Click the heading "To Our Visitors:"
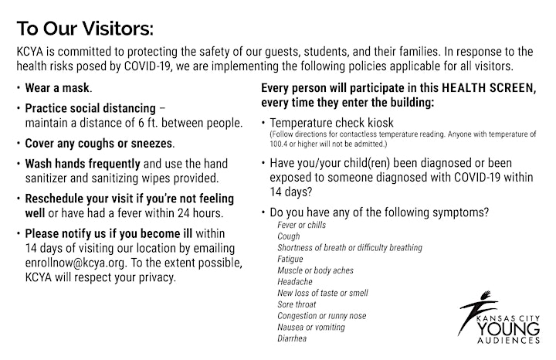point(85,29)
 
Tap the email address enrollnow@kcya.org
point(75,263)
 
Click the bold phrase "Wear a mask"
point(57,88)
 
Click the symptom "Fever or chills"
point(301,225)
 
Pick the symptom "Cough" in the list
point(289,236)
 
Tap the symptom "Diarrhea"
point(292,338)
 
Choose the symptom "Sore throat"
point(297,304)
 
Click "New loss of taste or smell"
point(323,293)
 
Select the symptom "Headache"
point(295,282)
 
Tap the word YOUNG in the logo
point(508,329)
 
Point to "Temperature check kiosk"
point(331,123)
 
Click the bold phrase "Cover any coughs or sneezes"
point(99,143)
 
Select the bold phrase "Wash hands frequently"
point(83,164)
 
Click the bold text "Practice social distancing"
point(90,108)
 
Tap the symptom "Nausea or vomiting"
point(311,327)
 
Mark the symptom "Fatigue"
point(290,259)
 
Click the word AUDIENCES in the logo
point(508,341)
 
